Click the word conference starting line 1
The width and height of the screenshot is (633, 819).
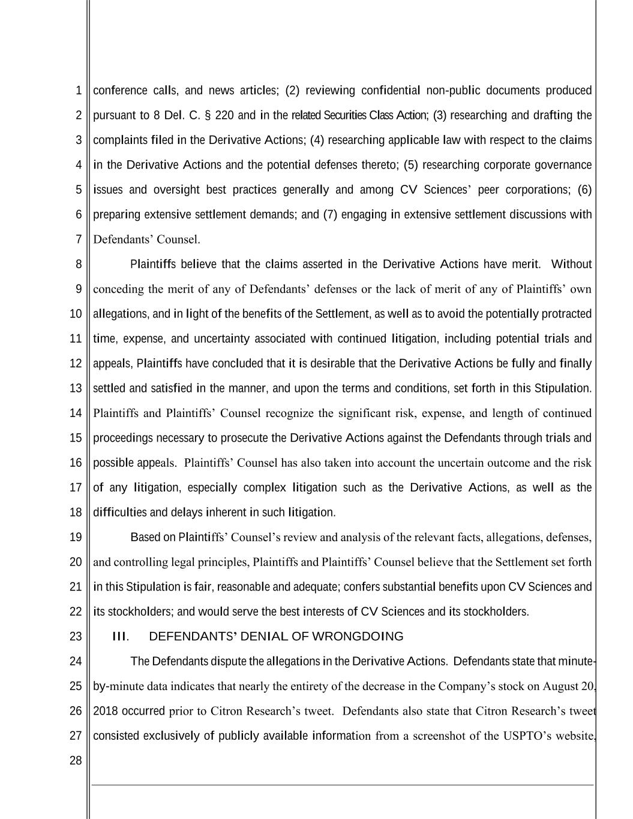pos(120,91)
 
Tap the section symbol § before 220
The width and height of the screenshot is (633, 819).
pos(208,115)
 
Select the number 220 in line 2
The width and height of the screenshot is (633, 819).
pos(224,115)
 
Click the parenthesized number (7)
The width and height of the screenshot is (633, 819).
pos(330,215)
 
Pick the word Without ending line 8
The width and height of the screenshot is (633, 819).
pos(571,265)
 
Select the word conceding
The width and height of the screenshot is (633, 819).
pos(119,289)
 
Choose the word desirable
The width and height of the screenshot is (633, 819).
pos(329,364)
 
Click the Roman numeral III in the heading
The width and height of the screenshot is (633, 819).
pos(119,637)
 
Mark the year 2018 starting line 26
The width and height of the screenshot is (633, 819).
pos(106,712)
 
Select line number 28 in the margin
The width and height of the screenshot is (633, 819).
pos(75,761)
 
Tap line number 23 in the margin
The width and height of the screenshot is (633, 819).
pos(75,637)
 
